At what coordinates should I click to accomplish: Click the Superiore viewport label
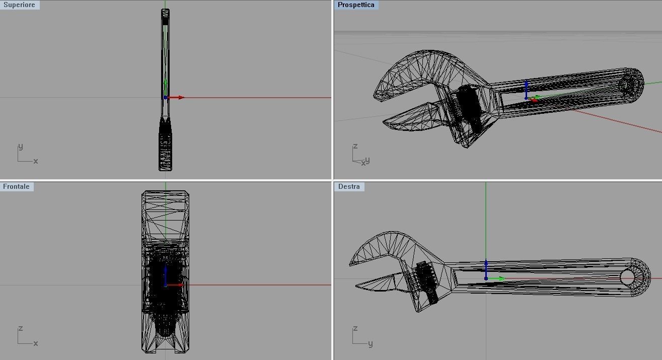click(19, 5)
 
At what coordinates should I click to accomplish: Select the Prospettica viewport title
click(356, 5)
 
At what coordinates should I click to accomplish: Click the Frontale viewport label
click(17, 187)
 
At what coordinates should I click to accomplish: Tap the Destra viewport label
click(349, 187)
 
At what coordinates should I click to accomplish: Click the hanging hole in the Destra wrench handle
click(627, 277)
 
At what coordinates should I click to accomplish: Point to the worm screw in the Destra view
click(427, 282)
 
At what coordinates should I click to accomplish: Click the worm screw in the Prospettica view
click(469, 108)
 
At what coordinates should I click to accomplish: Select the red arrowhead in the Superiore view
click(181, 98)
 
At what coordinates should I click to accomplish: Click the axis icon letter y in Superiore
click(21, 147)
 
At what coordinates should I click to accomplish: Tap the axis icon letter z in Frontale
click(21, 328)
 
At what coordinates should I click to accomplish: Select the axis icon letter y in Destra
click(371, 344)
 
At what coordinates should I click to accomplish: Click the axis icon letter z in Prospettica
click(355, 146)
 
